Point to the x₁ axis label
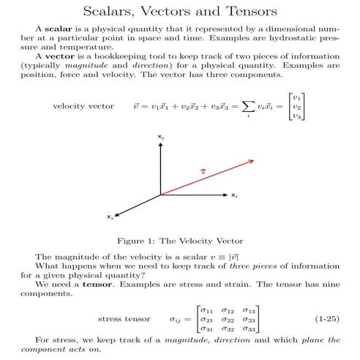tap(234, 196)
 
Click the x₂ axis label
tap(160, 138)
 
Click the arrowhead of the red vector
tap(250, 161)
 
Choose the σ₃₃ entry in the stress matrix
tap(249, 329)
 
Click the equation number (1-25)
tap(327, 320)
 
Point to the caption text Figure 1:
tap(135, 241)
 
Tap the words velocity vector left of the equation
tap(83, 107)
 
